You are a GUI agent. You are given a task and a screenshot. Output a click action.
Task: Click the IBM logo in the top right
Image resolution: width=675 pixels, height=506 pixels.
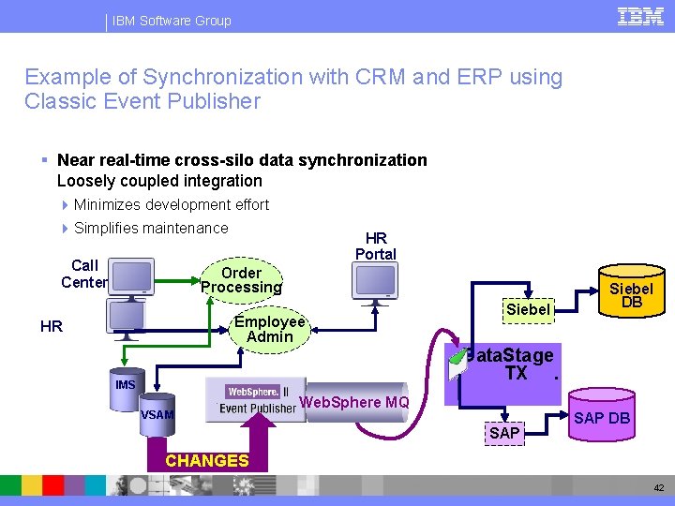(x=640, y=17)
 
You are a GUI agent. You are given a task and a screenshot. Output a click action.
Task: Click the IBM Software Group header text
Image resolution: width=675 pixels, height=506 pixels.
(x=172, y=21)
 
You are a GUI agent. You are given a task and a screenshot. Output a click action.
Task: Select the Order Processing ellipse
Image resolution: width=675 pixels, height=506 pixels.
(x=241, y=280)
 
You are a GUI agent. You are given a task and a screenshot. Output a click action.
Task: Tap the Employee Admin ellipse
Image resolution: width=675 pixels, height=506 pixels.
(x=270, y=329)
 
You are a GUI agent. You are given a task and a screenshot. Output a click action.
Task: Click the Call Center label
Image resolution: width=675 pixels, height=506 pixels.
(x=84, y=274)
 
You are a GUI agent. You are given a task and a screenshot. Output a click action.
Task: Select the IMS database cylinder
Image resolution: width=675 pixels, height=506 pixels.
(x=126, y=387)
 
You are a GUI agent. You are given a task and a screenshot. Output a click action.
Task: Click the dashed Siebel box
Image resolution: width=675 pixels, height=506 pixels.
(x=528, y=309)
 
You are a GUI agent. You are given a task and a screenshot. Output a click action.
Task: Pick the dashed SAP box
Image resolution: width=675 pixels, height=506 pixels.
(x=503, y=433)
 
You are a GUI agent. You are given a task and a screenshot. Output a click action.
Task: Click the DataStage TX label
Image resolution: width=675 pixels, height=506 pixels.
(x=515, y=365)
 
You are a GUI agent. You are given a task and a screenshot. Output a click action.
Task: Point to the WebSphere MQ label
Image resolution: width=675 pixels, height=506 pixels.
(x=353, y=403)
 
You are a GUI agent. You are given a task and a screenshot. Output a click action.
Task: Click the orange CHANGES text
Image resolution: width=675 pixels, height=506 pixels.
(x=206, y=460)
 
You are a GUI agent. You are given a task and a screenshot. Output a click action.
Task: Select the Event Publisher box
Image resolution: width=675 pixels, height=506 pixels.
(x=258, y=401)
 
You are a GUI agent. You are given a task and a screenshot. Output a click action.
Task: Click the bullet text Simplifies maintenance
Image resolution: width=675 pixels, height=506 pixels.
(x=151, y=228)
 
